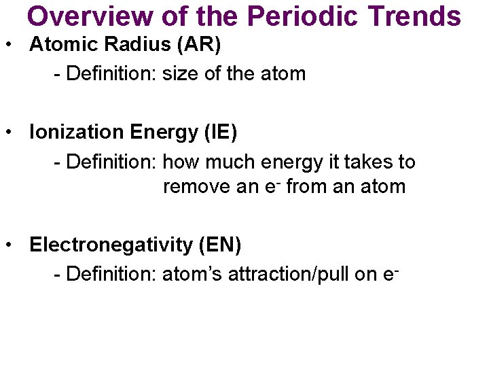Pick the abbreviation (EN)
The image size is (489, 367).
click(x=219, y=245)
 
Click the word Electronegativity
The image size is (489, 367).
click(x=111, y=245)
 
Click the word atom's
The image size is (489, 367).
click(x=193, y=274)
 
